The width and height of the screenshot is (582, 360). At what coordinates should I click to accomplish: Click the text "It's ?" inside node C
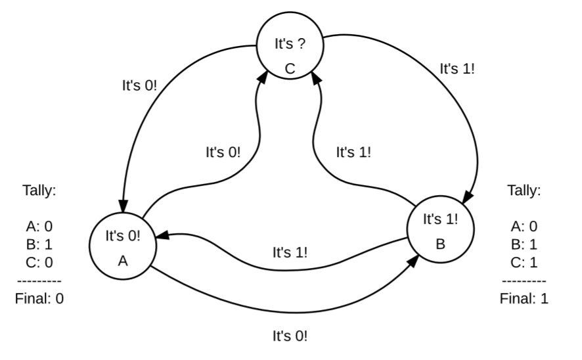click(290, 45)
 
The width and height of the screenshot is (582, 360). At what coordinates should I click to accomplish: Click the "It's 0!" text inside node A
click(123, 235)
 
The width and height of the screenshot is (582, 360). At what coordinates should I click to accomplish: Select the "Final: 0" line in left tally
click(39, 298)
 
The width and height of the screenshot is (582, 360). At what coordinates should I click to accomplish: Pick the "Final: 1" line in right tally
click(524, 298)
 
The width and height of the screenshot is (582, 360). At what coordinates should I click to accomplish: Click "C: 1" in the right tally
click(524, 263)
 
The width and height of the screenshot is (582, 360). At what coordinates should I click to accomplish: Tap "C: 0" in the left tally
click(39, 263)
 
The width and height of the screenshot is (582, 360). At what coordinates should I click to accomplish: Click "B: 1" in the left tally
click(39, 244)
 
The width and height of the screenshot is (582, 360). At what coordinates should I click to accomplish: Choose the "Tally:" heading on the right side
click(524, 191)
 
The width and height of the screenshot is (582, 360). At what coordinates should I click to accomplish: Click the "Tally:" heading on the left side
click(39, 191)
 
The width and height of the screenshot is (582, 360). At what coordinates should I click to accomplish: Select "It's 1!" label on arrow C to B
click(457, 68)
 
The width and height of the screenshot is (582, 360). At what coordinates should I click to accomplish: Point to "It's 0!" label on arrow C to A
click(140, 85)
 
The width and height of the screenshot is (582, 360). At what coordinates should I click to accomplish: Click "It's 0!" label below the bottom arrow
click(290, 336)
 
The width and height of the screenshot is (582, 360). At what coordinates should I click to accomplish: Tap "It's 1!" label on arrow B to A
click(290, 252)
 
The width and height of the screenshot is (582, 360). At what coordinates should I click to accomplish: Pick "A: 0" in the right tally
click(524, 227)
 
